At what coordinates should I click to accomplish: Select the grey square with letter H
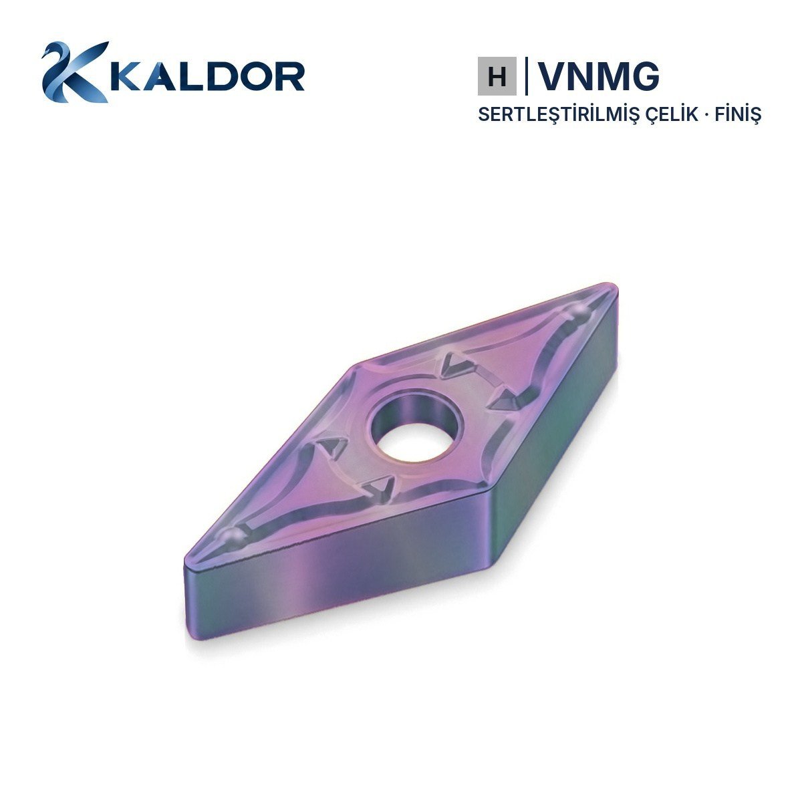point(497,76)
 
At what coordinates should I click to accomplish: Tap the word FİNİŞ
point(738,114)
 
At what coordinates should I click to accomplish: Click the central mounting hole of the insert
point(417,428)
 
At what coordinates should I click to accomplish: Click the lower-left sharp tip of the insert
point(186,560)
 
